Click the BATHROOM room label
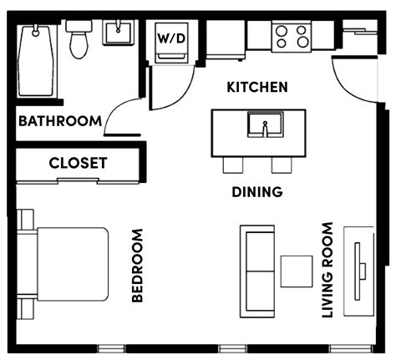pyautogui.click(x=59, y=121)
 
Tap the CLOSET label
pyautogui.click(x=78, y=163)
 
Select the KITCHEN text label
pyautogui.click(x=257, y=87)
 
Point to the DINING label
pyautogui.click(x=256, y=192)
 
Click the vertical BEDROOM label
pyautogui.click(x=138, y=266)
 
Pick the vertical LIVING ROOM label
pyautogui.click(x=327, y=270)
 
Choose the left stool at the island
pyautogui.click(x=234, y=165)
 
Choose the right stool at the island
pyautogui.click(x=279, y=165)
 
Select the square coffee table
pyautogui.click(x=296, y=271)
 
